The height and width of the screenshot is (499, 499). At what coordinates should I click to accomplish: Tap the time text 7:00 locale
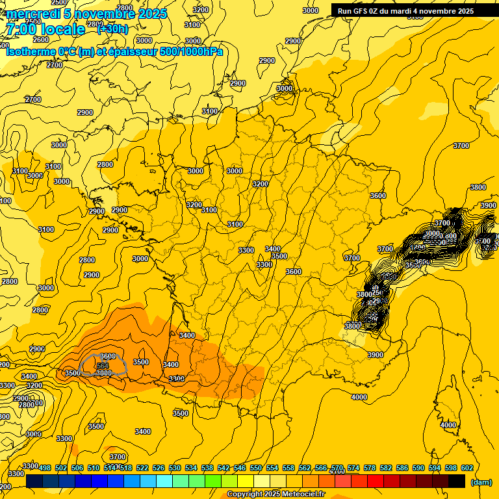(45, 29)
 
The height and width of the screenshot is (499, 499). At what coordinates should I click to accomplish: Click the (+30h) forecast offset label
(112, 29)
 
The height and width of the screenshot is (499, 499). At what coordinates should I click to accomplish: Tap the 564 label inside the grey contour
(103, 366)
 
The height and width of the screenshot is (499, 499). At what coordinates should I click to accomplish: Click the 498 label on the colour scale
(45, 468)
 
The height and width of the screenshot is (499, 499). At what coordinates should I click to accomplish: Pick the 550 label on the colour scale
(256, 468)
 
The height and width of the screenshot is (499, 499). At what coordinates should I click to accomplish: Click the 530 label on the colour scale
(175, 468)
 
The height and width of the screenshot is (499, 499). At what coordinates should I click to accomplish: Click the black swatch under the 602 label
(457, 481)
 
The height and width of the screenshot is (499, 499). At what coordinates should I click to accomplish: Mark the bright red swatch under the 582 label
(376, 481)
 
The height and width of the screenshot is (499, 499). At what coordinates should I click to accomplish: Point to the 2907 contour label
(294, 41)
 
